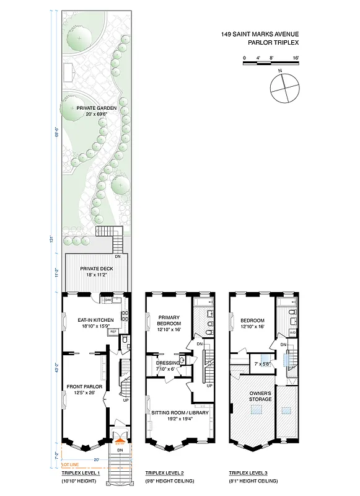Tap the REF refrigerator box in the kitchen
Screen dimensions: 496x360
113,332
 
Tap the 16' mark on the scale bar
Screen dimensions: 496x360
296,58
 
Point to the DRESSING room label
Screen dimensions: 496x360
167,363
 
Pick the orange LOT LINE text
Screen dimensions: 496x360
69,464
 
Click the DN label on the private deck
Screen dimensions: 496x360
118,256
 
